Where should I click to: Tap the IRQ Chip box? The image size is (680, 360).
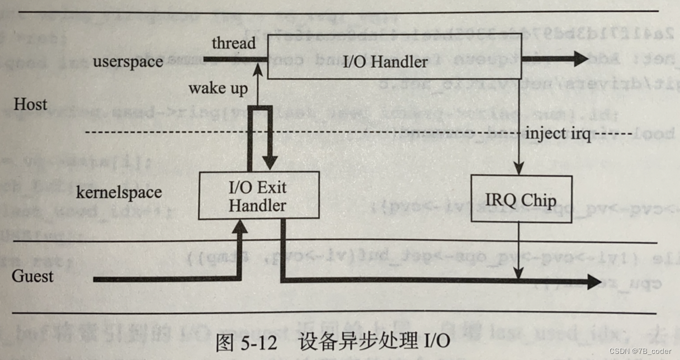coord(521,200)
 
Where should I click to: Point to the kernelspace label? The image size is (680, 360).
coord(119,192)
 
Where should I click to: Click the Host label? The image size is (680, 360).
coord(31,105)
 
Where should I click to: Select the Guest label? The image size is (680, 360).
coord(33,276)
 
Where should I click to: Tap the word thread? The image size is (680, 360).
coord(234,44)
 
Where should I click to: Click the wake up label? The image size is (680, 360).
coord(218,88)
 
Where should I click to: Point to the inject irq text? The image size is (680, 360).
coord(558,135)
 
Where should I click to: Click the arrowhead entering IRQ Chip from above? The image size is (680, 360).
coord(520,170)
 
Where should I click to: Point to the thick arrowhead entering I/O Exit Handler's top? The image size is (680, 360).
coord(270,164)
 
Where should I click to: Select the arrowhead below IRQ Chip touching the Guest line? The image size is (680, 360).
coord(520,274)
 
